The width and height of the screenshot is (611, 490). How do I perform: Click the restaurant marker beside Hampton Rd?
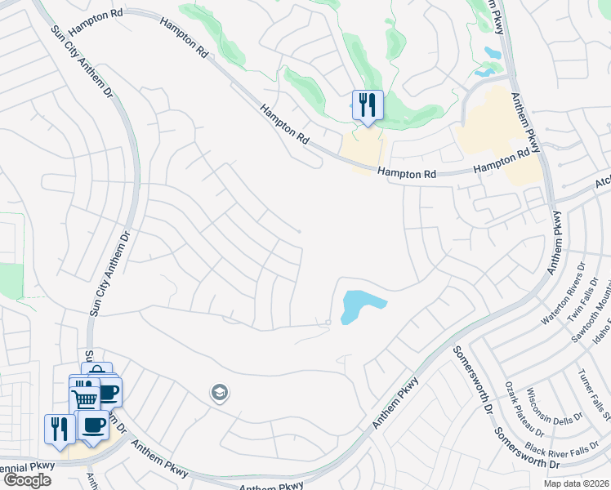pos(367,105)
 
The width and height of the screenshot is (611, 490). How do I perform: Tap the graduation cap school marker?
pos(219,393)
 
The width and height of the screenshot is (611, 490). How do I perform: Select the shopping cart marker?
pos(84,399)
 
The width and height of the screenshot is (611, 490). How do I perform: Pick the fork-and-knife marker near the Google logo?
pos(59,430)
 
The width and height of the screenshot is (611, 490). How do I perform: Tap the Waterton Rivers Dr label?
pos(564,294)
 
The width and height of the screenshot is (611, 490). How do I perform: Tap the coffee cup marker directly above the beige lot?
pos(94,425)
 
